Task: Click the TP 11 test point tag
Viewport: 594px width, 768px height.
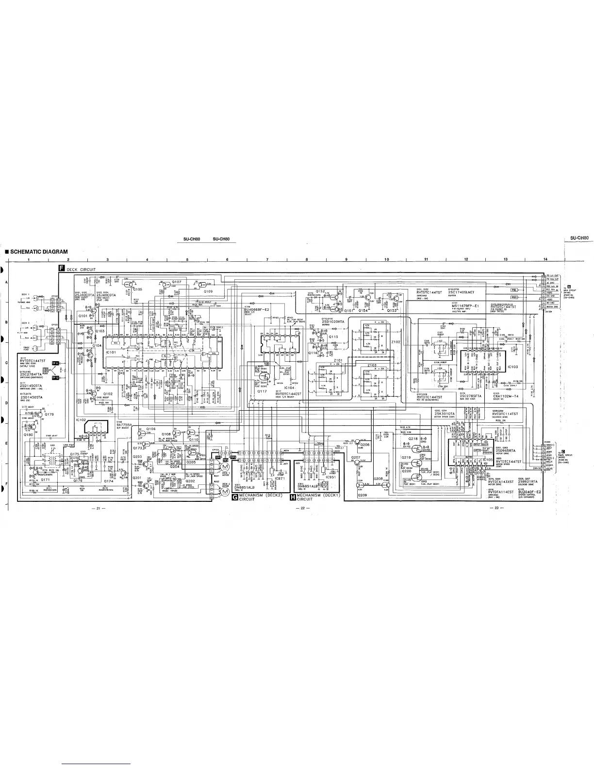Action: (x=55, y=363)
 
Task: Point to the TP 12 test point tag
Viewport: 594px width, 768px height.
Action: (x=55, y=378)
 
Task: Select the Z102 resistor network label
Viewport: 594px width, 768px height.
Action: (x=396, y=342)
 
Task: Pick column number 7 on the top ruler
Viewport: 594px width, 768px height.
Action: (x=267, y=260)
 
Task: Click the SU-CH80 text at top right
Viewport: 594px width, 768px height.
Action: (x=579, y=238)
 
